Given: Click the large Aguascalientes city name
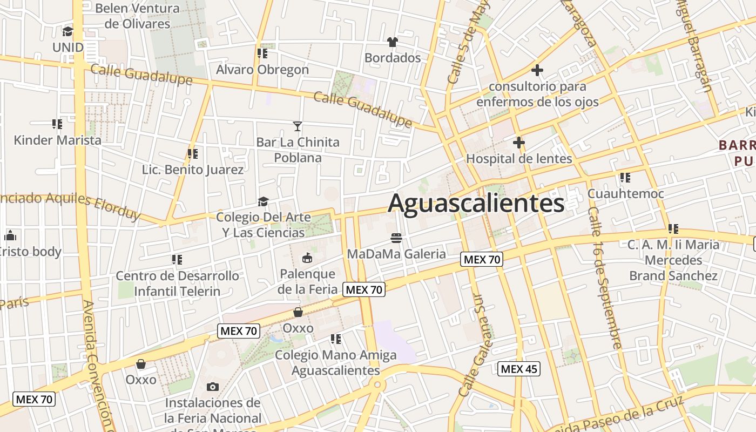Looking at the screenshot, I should pyautogui.click(x=476, y=204).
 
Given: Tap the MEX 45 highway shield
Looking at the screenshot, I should pyautogui.click(x=518, y=369).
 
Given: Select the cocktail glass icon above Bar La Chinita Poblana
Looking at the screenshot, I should pyautogui.click(x=298, y=126).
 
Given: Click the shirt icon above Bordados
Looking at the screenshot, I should pyautogui.click(x=393, y=42).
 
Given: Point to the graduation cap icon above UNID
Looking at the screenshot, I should pyautogui.click(x=68, y=31).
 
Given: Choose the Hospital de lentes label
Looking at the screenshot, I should pyautogui.click(x=518, y=159).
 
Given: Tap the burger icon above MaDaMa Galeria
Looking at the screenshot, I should pyautogui.click(x=396, y=238).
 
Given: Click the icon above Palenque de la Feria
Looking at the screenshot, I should pyautogui.click(x=307, y=258).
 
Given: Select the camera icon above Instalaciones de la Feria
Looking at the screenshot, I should pyautogui.click(x=213, y=387).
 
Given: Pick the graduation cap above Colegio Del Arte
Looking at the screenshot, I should pyautogui.click(x=263, y=201).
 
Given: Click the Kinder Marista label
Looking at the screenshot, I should pyautogui.click(x=57, y=140).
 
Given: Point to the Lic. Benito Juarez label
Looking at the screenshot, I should pyautogui.click(x=192, y=170).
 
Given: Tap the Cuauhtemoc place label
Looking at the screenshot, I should pyautogui.click(x=625, y=193).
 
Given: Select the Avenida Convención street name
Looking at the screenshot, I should pyautogui.click(x=97, y=367).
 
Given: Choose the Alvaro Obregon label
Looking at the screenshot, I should pyautogui.click(x=262, y=70).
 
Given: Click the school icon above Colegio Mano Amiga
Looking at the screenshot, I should pyautogui.click(x=336, y=339).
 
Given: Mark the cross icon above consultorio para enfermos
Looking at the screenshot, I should pyautogui.click(x=537, y=70).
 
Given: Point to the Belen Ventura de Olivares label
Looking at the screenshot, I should pyautogui.click(x=137, y=16).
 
